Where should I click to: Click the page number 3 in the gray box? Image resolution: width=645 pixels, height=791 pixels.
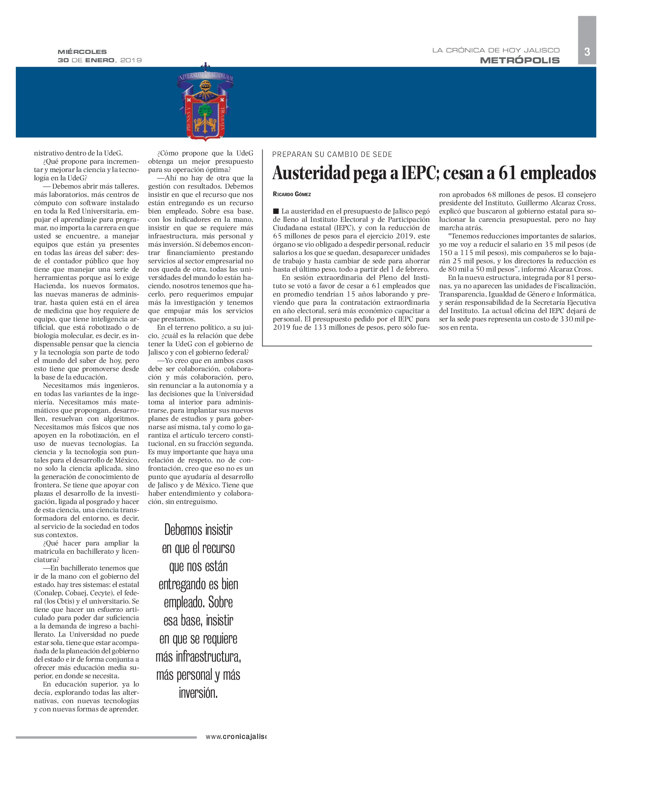click(587, 52)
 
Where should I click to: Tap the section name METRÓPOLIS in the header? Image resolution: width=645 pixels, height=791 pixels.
click(519, 60)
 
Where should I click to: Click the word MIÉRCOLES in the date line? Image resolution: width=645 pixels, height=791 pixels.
click(82, 52)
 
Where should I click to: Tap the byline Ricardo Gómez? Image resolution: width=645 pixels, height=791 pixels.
click(292, 194)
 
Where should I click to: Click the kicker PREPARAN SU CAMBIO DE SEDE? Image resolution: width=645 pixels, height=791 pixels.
click(332, 154)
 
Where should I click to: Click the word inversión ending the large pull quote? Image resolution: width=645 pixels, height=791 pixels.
click(198, 693)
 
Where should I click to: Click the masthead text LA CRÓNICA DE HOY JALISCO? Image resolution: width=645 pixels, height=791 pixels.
click(495, 50)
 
